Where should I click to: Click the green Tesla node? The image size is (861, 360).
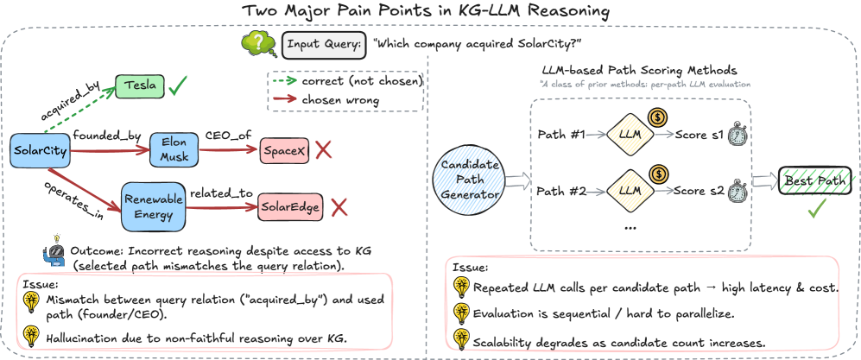139,85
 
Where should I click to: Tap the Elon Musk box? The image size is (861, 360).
174,149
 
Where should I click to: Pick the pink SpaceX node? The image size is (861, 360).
284,151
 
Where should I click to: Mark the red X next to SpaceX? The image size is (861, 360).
324,151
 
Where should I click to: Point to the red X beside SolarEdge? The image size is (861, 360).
339,207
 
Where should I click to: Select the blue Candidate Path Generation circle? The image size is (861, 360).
472,181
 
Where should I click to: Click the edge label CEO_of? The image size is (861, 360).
229,136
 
